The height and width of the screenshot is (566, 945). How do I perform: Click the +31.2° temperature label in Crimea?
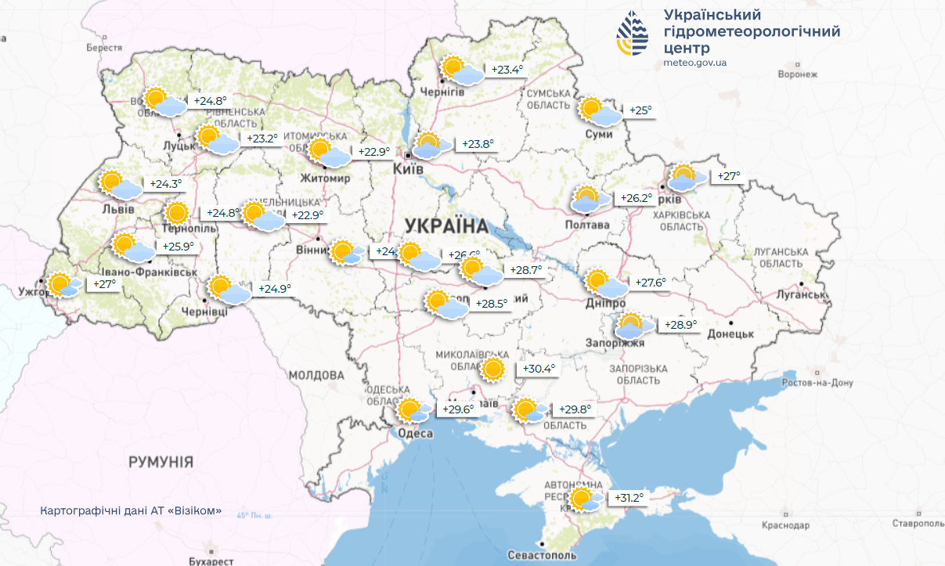coord(629,498)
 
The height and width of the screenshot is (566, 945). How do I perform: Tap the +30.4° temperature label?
coord(538,369)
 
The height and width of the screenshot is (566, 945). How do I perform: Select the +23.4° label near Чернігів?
coord(507,70)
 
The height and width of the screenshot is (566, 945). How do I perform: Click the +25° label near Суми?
coord(640,110)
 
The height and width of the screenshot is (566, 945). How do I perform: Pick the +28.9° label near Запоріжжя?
coord(680,324)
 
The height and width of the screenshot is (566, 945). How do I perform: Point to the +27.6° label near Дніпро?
coord(650,283)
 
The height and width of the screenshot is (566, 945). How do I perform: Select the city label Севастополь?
coord(542,555)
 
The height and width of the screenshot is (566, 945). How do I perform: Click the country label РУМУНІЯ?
coord(161,462)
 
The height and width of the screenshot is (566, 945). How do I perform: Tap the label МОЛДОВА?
coord(316,376)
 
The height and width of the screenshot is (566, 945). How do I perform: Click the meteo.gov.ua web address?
coord(694,63)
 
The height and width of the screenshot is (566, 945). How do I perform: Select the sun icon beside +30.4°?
coord(492,370)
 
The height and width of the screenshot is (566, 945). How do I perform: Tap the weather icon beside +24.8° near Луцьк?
coord(164,102)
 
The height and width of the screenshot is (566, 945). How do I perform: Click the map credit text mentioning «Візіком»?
coord(131,510)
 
